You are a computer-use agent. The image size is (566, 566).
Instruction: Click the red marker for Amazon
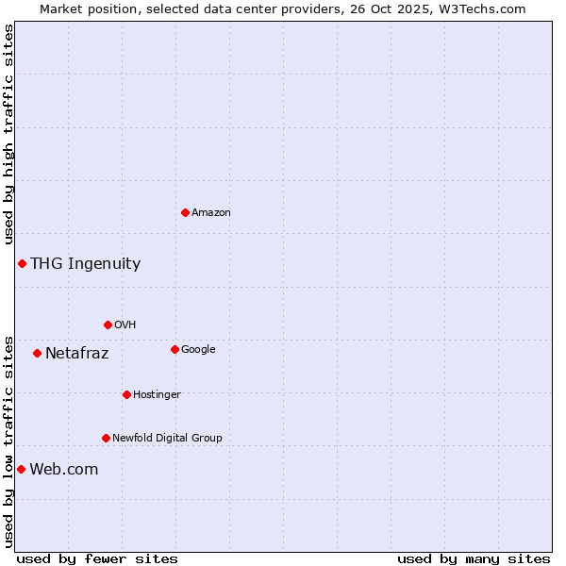(x=185, y=212)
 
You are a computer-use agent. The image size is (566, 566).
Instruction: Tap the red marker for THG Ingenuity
(x=22, y=263)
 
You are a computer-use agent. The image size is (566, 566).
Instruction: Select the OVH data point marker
(x=108, y=325)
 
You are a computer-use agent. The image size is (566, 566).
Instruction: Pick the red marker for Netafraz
(x=37, y=353)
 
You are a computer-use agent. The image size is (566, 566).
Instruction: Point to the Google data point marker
(x=175, y=349)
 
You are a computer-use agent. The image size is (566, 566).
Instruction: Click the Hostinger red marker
(x=126, y=394)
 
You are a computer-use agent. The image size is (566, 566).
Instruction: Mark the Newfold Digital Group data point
(x=106, y=438)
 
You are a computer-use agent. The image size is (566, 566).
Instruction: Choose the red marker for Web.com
(x=21, y=469)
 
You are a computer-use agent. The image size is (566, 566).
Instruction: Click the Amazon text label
(x=211, y=212)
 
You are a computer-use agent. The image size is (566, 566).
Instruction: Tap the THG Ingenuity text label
(x=85, y=263)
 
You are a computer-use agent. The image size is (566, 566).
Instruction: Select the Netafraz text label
(x=76, y=354)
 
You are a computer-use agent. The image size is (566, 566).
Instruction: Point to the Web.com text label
(x=63, y=469)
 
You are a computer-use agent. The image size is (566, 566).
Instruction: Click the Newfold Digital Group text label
(x=167, y=438)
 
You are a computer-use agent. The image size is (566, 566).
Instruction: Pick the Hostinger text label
(x=157, y=394)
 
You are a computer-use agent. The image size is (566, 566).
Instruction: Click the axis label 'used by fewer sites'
(x=97, y=558)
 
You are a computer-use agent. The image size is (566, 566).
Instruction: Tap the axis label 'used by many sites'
(x=474, y=558)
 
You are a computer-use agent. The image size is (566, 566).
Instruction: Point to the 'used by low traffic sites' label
(x=8, y=441)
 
